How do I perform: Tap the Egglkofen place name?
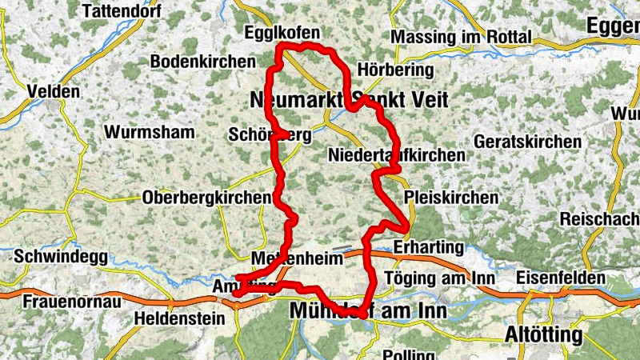pyautogui.click(x=282, y=33)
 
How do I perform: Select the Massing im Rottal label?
pyautogui.click(x=462, y=37)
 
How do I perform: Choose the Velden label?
pyautogui.click(x=54, y=91)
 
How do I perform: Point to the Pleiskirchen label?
pyautogui.click(x=451, y=197)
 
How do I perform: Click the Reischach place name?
pyautogui.click(x=599, y=218)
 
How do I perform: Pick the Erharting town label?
pyautogui.click(x=428, y=246)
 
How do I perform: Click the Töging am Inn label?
pyautogui.click(x=440, y=278)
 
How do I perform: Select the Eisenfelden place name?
pyautogui.click(x=561, y=278)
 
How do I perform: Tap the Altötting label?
pyautogui.click(x=543, y=334)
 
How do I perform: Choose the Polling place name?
pyautogui.click(x=409, y=354)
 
